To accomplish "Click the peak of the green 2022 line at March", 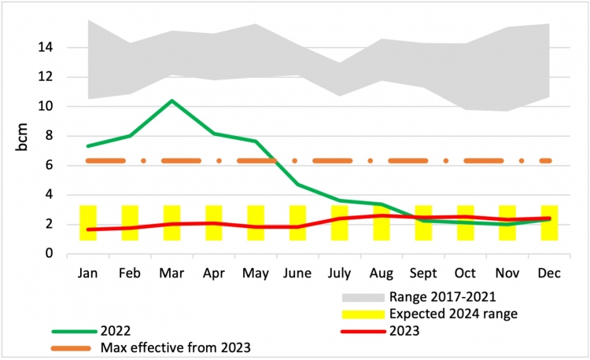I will [171, 101].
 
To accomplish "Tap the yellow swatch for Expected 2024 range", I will [363, 314].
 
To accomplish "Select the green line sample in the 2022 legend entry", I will [76, 331].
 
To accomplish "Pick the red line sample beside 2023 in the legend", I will [363, 331].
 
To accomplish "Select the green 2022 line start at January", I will [88, 145].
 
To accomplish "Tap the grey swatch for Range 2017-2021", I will [363, 298].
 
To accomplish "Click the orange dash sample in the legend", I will [76, 347].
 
